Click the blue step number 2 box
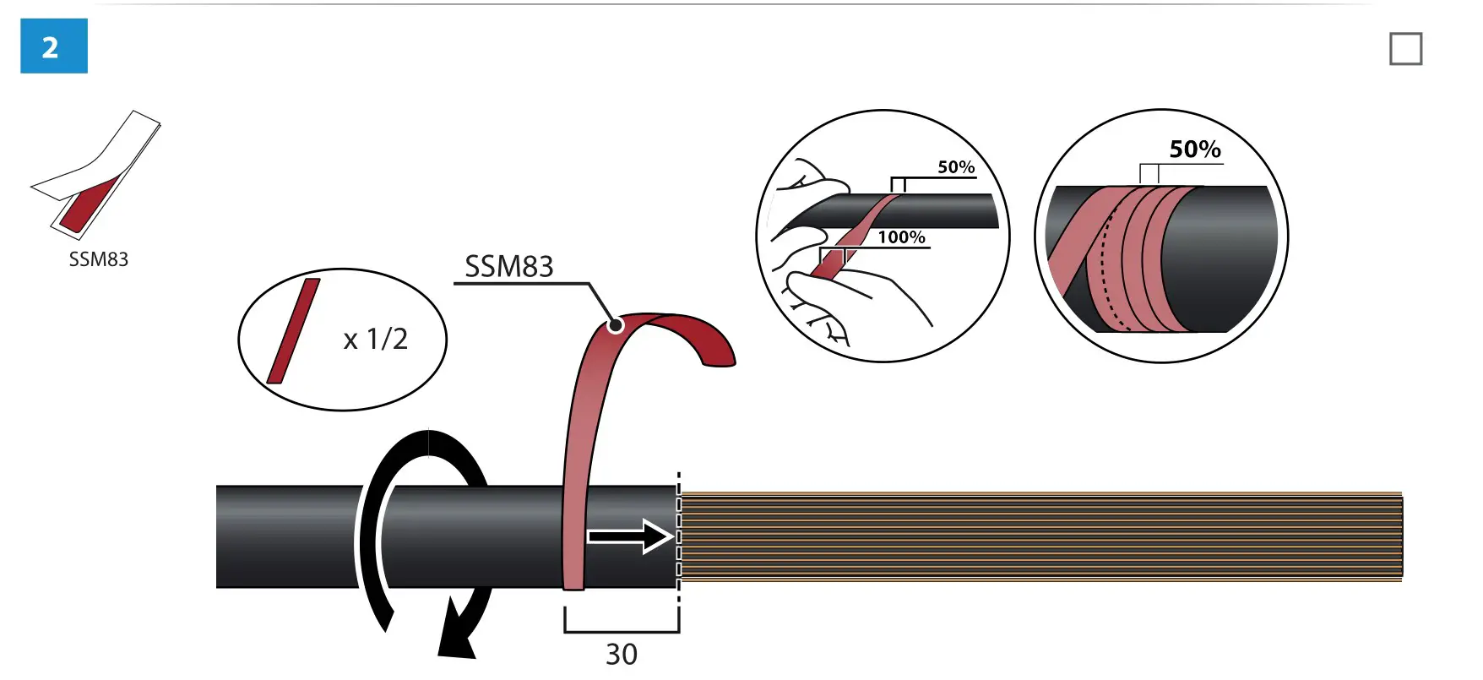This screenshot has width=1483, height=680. (x=53, y=46)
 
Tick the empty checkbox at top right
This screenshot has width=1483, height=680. (x=1405, y=49)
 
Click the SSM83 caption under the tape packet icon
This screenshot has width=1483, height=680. (x=99, y=259)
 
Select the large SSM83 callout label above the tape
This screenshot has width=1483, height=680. (x=508, y=267)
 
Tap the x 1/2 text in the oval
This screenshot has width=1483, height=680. (x=376, y=340)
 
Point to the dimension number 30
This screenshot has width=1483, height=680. (x=622, y=655)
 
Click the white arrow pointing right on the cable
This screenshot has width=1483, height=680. (x=629, y=536)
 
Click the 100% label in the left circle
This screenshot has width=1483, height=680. (x=901, y=237)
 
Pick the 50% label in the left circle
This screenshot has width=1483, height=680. (x=956, y=167)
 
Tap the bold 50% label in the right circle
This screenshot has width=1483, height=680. (x=1195, y=150)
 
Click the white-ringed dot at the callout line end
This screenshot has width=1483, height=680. (x=616, y=324)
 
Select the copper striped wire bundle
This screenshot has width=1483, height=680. (x=1039, y=536)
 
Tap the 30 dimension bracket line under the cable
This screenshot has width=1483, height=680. (x=622, y=631)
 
